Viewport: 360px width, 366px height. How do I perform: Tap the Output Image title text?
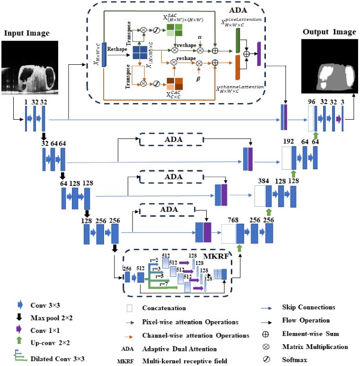330,32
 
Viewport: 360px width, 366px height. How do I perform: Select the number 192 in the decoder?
288,141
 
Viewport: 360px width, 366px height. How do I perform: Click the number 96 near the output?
310,101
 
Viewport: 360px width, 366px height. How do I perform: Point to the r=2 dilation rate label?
156,260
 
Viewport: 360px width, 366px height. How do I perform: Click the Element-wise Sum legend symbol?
268,334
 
